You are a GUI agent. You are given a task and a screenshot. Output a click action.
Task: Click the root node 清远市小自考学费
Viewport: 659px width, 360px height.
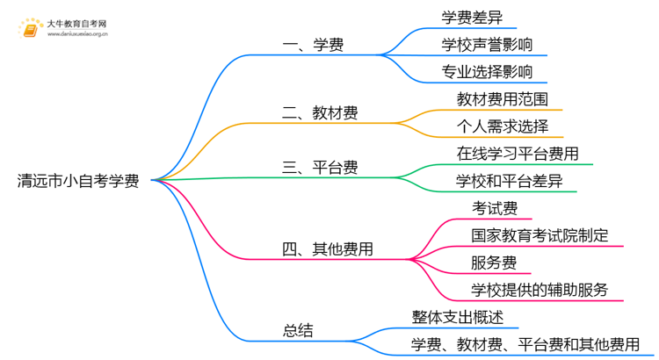tap(77, 181)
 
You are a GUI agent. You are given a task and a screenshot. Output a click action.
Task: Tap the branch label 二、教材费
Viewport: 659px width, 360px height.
tap(322, 112)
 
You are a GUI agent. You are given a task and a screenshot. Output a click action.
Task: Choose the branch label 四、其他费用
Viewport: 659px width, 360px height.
tap(329, 249)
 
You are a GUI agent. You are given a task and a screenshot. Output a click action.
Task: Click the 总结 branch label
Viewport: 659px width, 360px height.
tap(297, 330)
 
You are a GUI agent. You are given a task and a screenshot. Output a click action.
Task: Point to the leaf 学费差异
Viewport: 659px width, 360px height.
tap(472, 16)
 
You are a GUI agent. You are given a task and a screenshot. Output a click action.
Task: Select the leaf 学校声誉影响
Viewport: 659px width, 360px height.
tap(487, 43)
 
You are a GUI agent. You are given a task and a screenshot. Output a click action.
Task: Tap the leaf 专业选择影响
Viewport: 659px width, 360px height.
tap(487, 71)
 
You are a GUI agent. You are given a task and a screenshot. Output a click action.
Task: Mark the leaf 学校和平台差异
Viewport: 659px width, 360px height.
tap(510, 181)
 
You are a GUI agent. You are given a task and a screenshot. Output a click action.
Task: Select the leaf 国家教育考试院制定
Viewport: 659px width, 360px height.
tap(540, 235)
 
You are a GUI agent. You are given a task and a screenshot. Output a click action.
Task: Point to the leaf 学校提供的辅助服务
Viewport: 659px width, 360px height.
tap(540, 290)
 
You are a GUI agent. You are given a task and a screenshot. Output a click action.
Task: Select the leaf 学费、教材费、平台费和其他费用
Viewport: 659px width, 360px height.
tap(525, 344)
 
